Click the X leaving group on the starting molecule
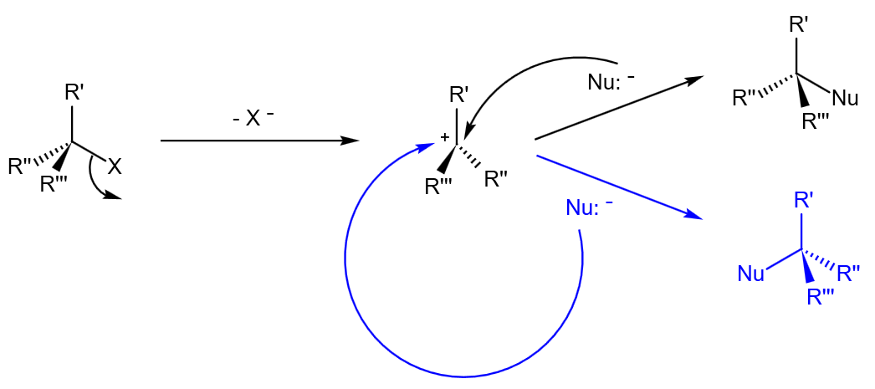115,167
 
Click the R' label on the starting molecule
74,92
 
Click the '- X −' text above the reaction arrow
253,119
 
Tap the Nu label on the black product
846,99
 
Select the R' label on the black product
799,25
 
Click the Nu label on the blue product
751,273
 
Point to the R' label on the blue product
804,200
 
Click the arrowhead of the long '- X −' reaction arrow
351,141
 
